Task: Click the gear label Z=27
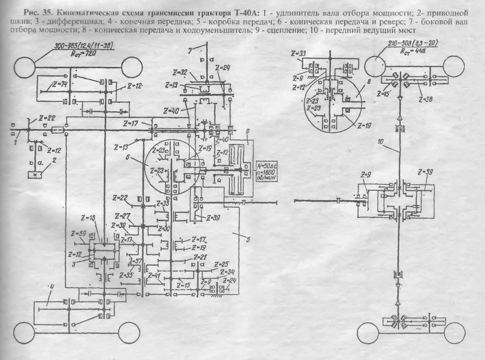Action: coord(124,216)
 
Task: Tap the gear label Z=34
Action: coord(227,271)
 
